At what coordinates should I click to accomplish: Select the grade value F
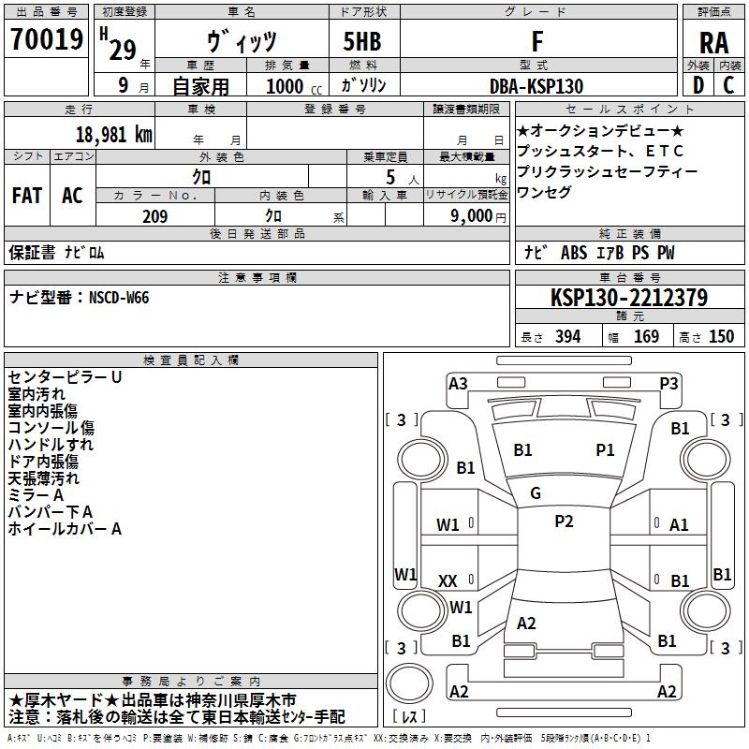point(536,41)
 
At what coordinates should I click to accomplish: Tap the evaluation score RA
point(713,43)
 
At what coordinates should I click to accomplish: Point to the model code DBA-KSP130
point(536,86)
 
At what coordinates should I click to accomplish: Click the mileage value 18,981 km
point(110,134)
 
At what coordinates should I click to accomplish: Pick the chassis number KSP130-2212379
point(629,298)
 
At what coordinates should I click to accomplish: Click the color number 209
point(154,216)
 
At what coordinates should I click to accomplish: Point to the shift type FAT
point(27,196)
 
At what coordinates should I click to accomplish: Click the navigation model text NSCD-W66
point(119,298)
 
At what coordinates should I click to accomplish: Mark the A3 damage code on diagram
point(458,383)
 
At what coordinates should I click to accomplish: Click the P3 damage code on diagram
point(668,383)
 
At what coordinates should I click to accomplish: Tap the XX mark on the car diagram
point(448,581)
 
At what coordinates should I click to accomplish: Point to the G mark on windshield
point(536,492)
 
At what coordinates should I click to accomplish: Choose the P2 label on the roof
point(564,521)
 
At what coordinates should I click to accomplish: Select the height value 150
point(721,337)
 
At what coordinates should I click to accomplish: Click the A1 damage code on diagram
point(679,525)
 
